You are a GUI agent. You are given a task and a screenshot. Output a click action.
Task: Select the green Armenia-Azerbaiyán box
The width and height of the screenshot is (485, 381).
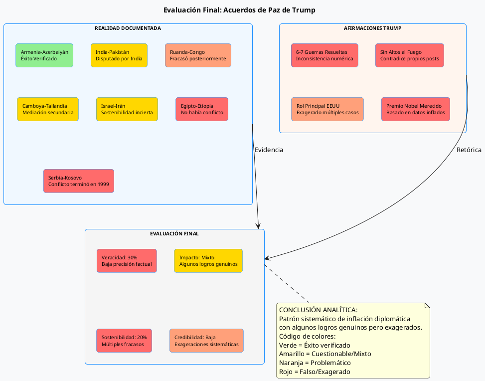click(44, 55)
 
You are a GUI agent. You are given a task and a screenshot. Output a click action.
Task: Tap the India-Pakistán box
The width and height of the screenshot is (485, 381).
click(119, 55)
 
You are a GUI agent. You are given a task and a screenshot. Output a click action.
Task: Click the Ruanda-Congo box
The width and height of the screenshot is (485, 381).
click(198, 55)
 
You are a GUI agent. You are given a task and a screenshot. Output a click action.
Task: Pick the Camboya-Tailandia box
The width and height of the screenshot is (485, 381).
click(48, 109)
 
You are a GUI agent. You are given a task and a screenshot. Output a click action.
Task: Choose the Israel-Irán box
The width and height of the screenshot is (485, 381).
click(127, 109)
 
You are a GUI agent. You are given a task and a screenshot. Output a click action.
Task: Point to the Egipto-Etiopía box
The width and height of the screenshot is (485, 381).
click(202, 109)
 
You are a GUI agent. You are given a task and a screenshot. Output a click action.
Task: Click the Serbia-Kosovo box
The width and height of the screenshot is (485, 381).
click(79, 181)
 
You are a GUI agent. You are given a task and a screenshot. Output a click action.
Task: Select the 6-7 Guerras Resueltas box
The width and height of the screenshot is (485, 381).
click(324, 55)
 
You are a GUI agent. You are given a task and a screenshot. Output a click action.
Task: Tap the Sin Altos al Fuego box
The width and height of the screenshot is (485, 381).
click(409, 55)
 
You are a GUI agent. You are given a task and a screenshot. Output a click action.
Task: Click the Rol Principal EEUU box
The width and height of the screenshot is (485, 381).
click(327, 109)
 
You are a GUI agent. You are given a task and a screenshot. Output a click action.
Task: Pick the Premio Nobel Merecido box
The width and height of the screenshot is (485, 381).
click(416, 109)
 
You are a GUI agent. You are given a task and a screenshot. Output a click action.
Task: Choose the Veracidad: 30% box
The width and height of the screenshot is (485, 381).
click(127, 261)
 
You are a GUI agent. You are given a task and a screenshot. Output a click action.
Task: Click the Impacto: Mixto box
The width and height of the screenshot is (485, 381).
click(208, 261)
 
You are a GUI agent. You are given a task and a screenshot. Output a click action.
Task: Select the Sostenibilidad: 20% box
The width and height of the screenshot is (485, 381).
click(124, 341)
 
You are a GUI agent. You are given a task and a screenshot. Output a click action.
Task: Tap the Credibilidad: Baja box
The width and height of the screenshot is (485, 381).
click(206, 341)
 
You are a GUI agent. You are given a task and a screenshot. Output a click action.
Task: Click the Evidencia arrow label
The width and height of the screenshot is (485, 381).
click(269, 150)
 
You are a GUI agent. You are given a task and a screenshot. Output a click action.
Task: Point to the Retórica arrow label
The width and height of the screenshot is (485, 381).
click(469, 150)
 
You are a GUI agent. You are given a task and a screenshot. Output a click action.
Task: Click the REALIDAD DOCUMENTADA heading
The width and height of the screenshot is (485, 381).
click(128, 28)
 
